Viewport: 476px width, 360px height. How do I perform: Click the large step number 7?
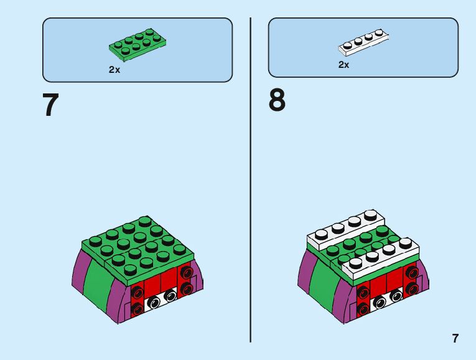[50, 106]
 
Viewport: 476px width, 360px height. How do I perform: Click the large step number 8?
[277, 101]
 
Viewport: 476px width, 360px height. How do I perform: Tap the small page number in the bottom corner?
[455, 339]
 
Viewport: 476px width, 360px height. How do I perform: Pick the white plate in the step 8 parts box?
[363, 41]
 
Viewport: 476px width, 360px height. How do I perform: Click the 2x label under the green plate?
[114, 70]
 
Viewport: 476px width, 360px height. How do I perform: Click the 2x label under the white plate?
[344, 65]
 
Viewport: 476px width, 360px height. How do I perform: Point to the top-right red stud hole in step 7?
[186, 273]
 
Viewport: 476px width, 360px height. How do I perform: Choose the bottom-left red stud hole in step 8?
[363, 309]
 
